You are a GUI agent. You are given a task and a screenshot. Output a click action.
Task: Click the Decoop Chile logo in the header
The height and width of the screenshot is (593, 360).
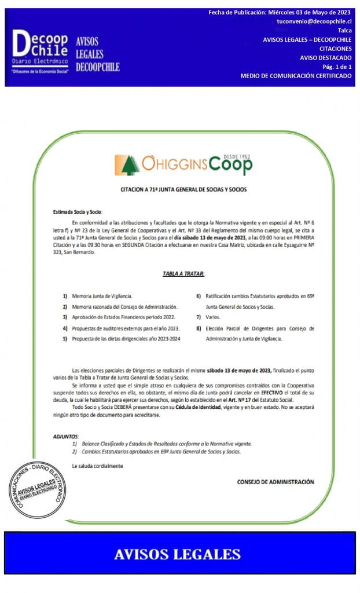[39, 51]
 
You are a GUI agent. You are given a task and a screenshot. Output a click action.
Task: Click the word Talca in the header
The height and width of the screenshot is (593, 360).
[344, 30]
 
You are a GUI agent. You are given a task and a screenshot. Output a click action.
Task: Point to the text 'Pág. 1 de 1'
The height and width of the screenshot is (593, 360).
[336, 67]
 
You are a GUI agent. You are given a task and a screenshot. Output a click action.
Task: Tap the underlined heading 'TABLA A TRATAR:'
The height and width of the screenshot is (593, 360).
[183, 273]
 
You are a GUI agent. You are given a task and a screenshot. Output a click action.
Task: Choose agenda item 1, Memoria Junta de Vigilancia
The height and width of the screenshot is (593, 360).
[102, 296]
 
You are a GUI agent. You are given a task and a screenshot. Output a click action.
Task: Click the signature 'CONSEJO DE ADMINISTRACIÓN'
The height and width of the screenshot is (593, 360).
[275, 482]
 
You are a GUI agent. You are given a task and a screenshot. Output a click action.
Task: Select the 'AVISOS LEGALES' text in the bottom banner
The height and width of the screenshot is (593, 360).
[177, 554]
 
